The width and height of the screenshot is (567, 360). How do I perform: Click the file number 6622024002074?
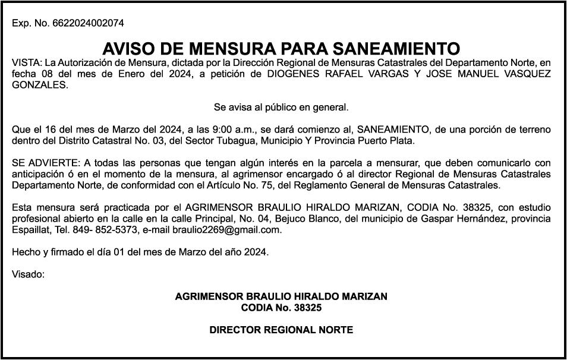click(x=88, y=24)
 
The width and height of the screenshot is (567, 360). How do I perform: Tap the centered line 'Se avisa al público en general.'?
click(x=281, y=108)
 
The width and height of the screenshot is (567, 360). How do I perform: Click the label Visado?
click(x=28, y=274)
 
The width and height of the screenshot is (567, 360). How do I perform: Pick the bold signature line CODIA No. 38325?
click(x=281, y=308)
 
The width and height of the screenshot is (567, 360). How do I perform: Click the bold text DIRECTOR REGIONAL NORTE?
click(x=281, y=330)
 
